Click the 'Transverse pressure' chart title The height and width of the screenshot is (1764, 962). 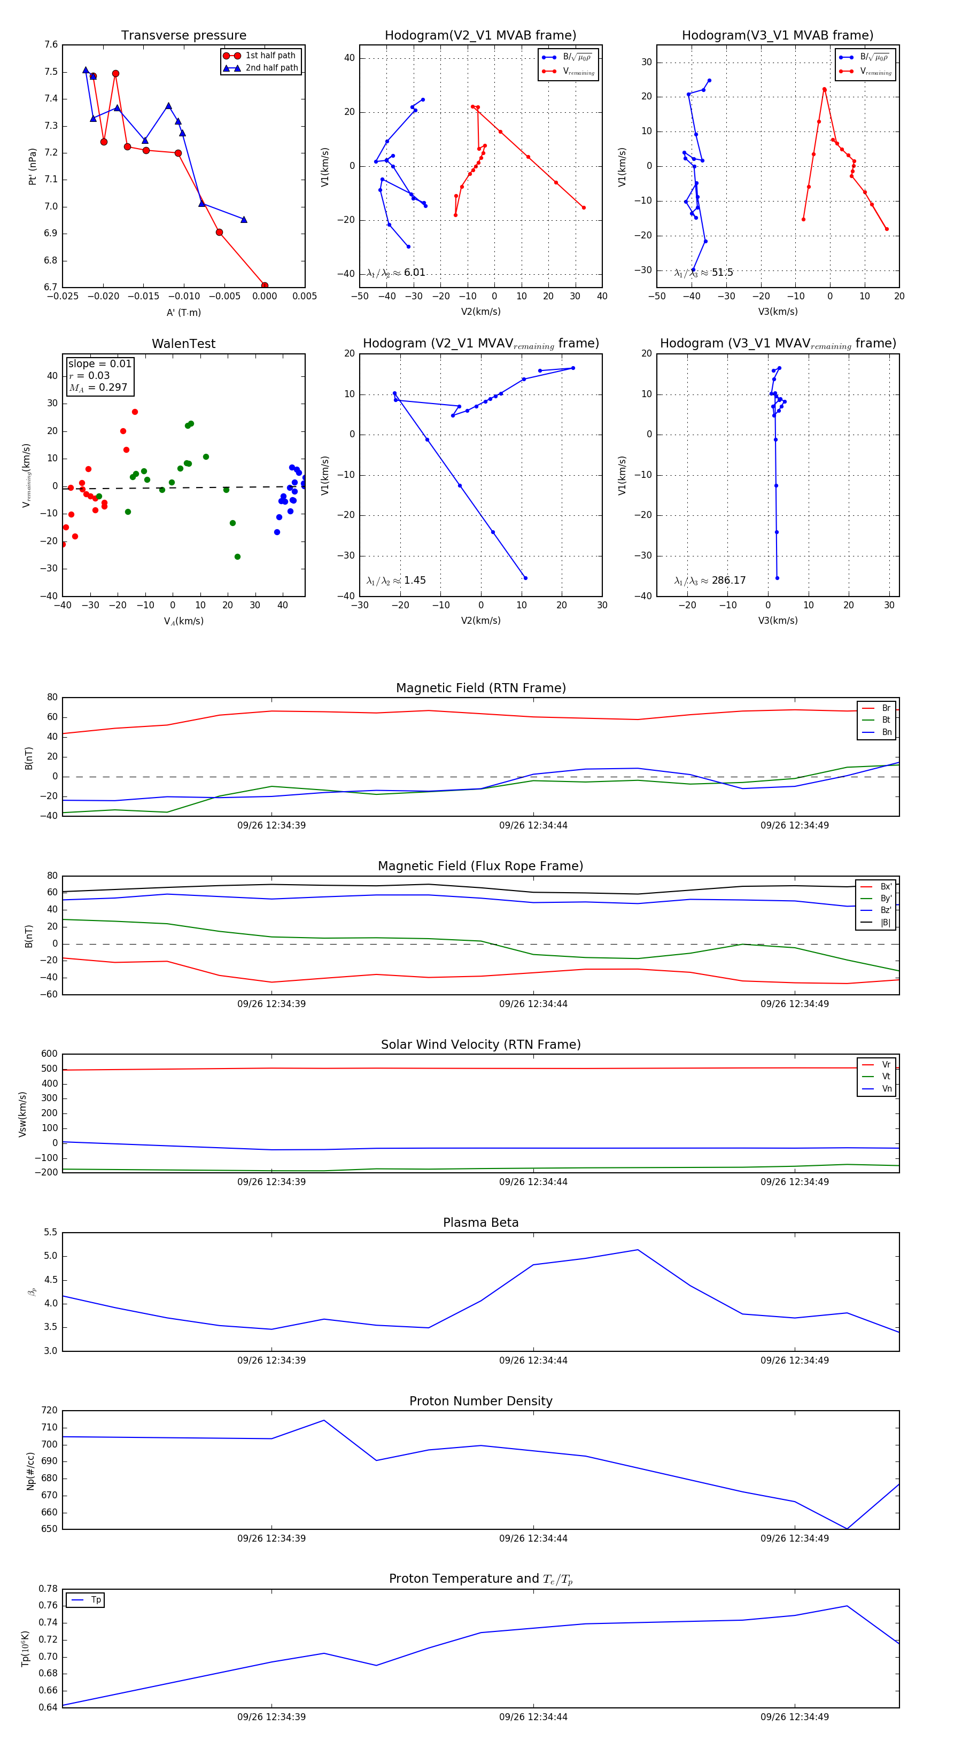pyautogui.click(x=183, y=36)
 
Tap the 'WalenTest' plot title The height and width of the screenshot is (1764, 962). pyautogui.click(x=183, y=344)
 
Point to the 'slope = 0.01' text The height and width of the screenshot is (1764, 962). pyautogui.click(x=99, y=363)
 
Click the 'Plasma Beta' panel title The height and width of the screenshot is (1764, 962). pyautogui.click(x=480, y=1223)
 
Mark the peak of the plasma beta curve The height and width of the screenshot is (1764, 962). pyautogui.click(x=638, y=1250)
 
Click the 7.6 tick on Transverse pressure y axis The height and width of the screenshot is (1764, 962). pyautogui.click(x=51, y=44)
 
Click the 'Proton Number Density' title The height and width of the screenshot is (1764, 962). pyautogui.click(x=480, y=1401)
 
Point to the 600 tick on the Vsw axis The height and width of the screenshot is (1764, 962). pyautogui.click(x=49, y=1054)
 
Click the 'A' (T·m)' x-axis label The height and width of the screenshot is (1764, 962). pyautogui.click(x=183, y=312)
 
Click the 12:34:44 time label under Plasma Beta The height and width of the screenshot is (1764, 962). pyautogui.click(x=533, y=1360)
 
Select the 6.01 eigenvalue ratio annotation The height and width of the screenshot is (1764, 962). pyautogui.click(x=397, y=272)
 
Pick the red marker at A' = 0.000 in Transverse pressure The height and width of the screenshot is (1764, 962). pyautogui.click(x=265, y=285)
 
